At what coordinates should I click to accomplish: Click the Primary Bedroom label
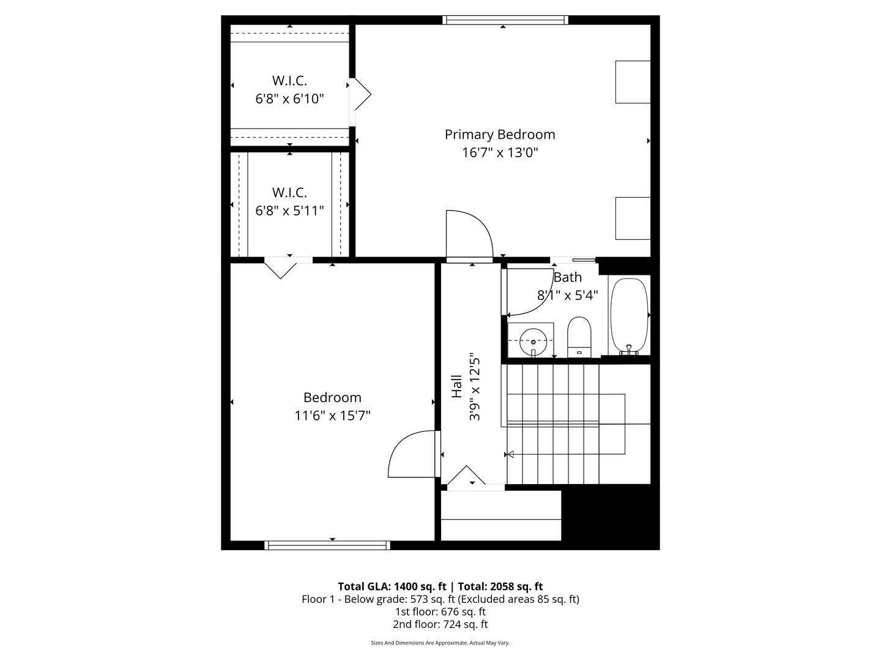click(500, 135)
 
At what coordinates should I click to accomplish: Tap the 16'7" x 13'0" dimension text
click(500, 152)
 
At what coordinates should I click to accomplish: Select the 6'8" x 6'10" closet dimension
click(289, 99)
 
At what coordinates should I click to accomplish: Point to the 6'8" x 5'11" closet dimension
click(289, 211)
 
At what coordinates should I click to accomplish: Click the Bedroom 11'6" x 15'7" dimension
click(332, 416)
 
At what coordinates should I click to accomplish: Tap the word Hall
click(457, 387)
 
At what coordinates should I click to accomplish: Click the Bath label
click(568, 277)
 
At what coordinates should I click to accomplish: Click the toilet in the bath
click(579, 337)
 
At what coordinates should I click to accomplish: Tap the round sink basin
click(532, 342)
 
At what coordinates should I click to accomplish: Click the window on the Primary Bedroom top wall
click(505, 20)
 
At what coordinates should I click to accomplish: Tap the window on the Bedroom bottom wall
click(327, 545)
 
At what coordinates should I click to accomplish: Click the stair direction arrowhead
click(509, 454)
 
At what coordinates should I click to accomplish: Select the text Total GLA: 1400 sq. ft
click(392, 586)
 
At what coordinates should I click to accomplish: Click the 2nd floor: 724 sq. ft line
click(441, 624)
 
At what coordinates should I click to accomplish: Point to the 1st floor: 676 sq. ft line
click(441, 611)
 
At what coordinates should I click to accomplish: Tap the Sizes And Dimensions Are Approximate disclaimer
click(440, 643)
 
